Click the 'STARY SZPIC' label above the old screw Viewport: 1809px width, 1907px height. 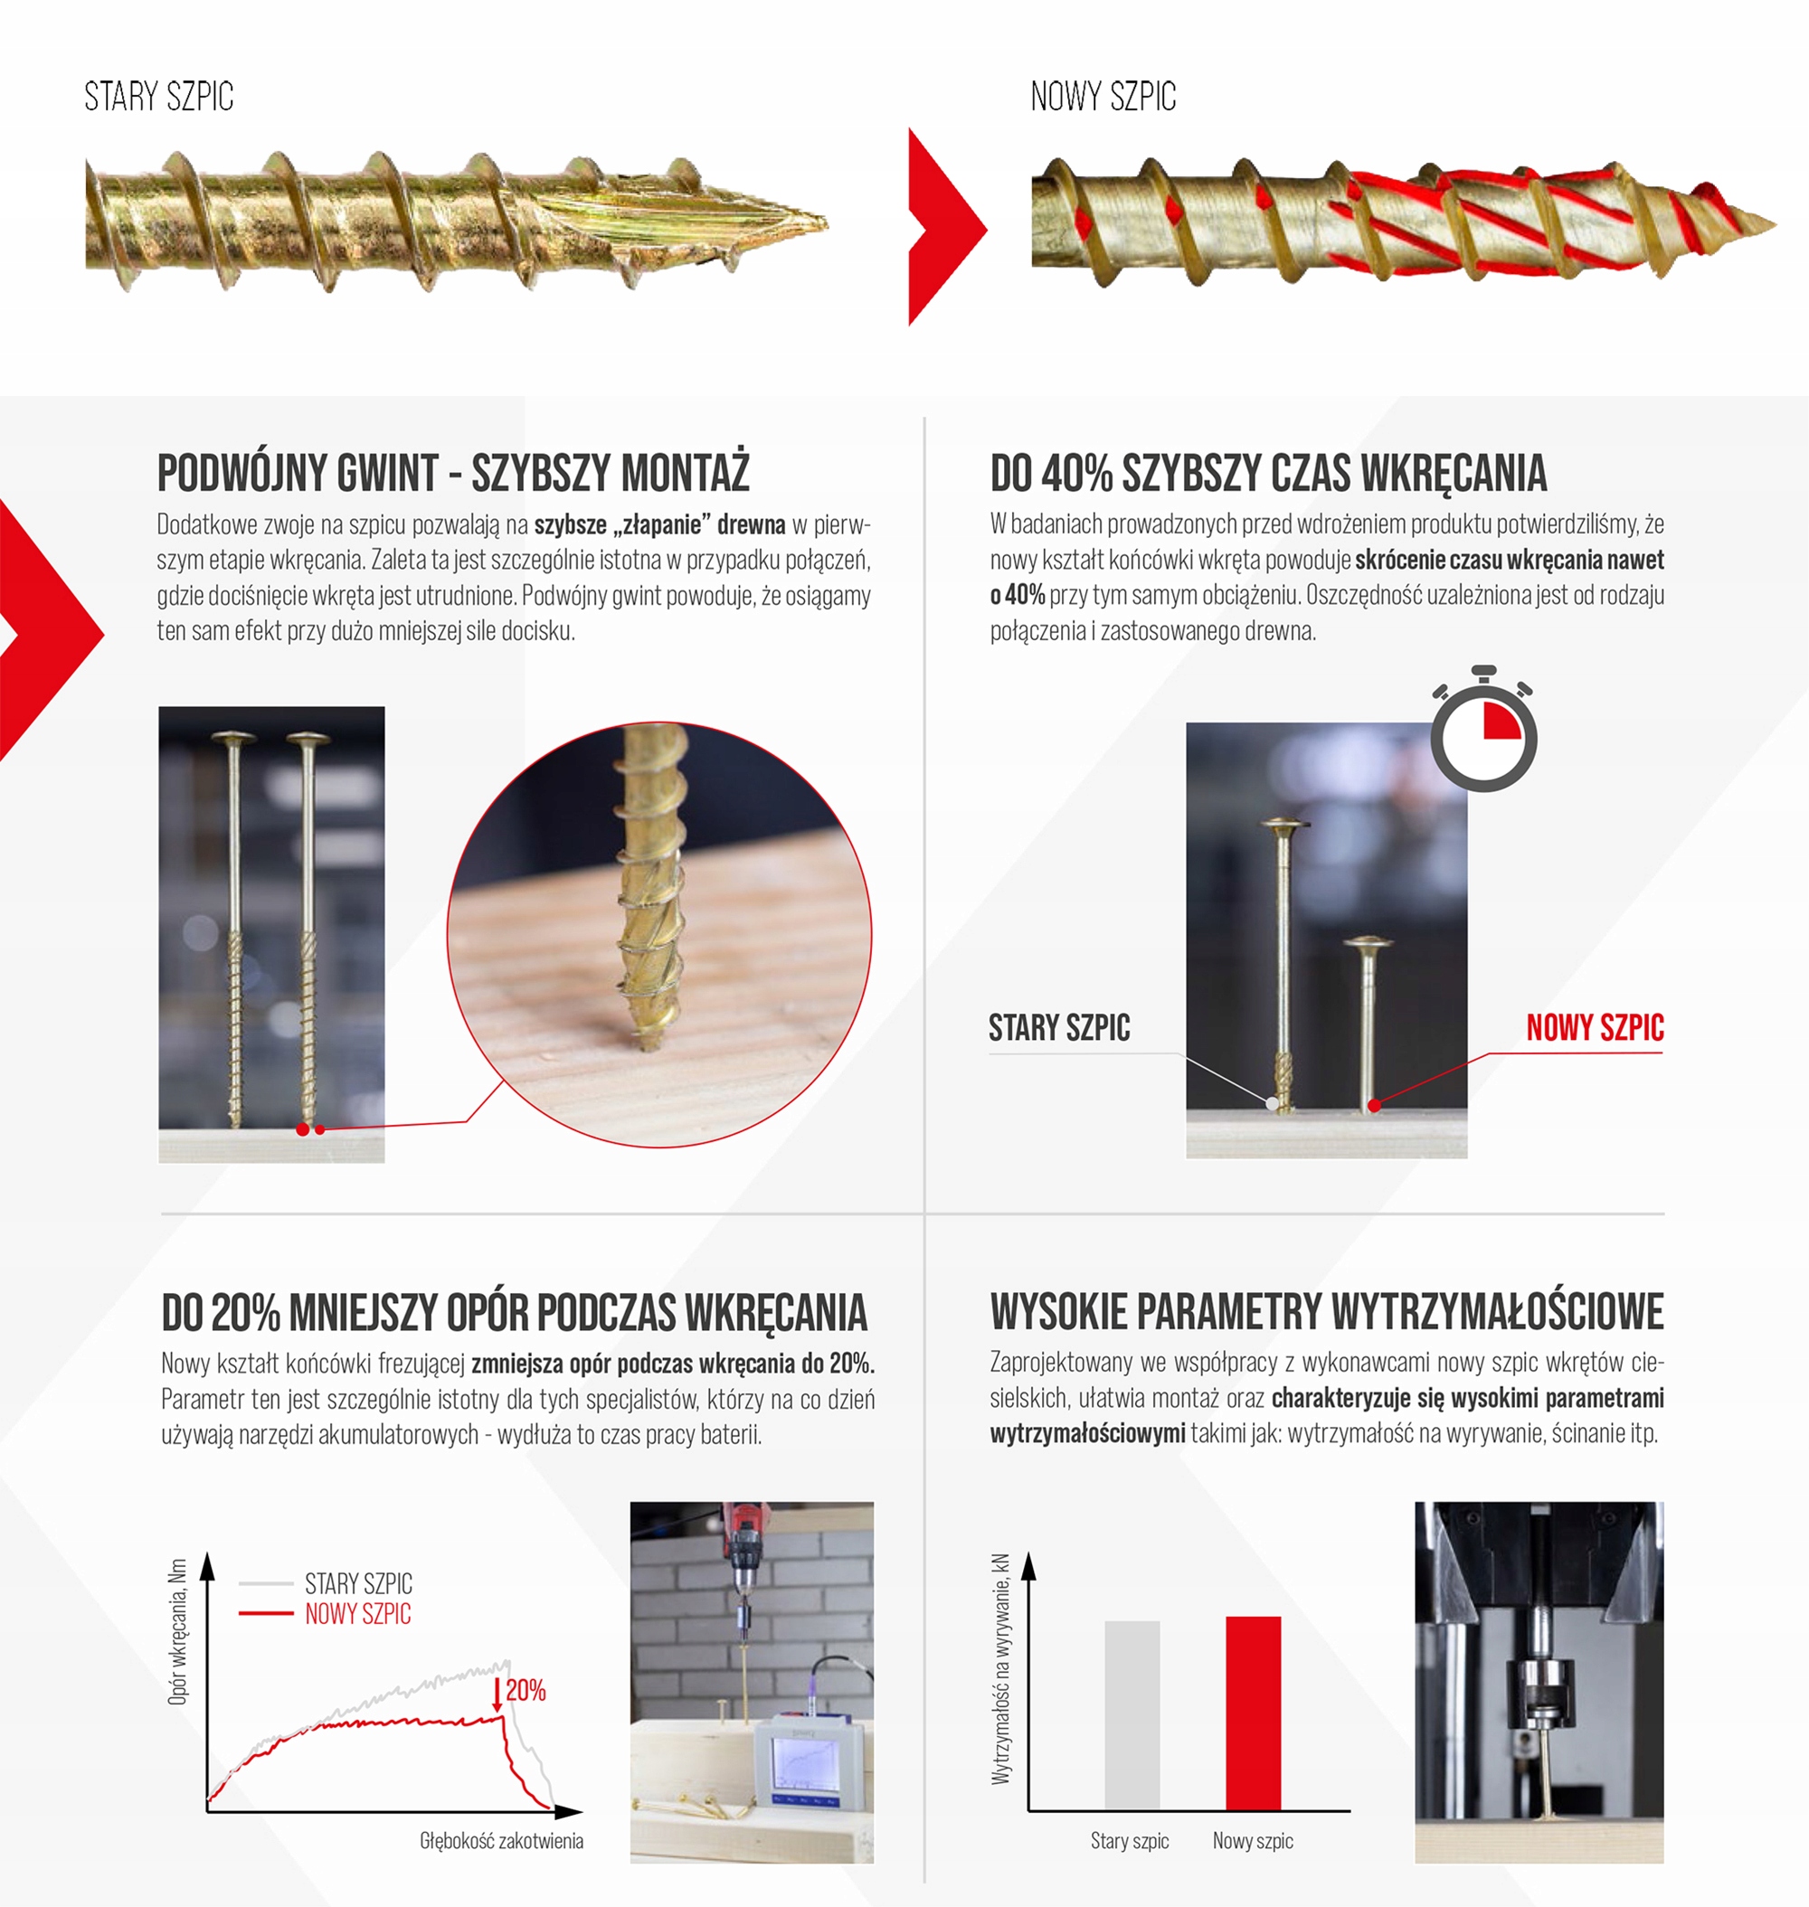[159, 97]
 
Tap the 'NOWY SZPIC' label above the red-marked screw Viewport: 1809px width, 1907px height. [1103, 97]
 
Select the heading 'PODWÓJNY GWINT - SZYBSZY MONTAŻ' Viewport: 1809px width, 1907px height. [453, 472]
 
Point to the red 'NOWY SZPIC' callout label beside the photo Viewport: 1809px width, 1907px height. [1595, 1028]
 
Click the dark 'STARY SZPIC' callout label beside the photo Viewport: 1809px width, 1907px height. [1059, 1028]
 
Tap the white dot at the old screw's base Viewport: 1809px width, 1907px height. [1272, 1103]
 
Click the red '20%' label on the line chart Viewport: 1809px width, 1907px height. [526, 1689]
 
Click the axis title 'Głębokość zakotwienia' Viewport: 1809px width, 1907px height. [501, 1840]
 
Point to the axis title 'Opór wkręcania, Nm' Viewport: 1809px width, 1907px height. [177, 1631]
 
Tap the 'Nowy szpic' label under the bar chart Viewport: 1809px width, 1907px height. [1253, 1840]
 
